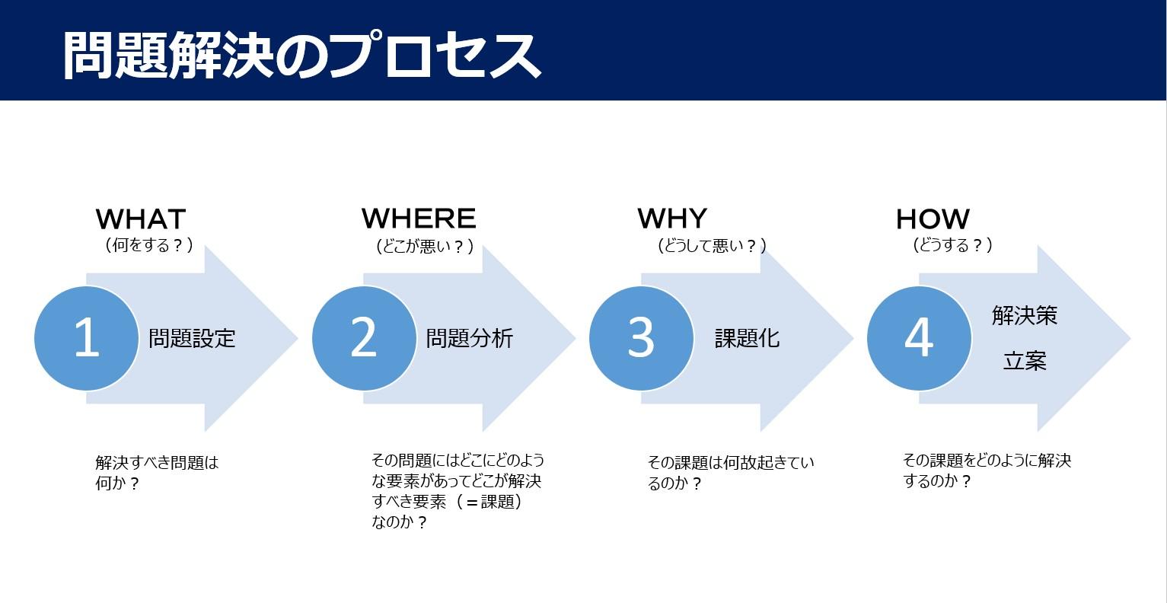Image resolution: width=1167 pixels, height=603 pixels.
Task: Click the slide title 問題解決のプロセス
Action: coord(302,55)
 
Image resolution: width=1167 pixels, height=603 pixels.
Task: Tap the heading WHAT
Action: coord(141,219)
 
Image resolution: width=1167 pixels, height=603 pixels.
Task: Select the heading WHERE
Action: coord(419,219)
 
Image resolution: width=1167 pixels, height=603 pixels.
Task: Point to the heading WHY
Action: coord(672,219)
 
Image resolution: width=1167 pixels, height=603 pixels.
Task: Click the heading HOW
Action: coord(933,219)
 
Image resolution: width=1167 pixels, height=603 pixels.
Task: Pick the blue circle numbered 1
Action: coord(87,338)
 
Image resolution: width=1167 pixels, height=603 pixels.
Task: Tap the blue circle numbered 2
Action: coord(364,338)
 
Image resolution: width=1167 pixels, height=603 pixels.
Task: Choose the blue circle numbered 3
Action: coord(641,338)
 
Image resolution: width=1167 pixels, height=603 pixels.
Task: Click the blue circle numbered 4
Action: coord(919,338)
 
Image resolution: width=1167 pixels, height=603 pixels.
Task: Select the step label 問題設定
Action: coord(193,338)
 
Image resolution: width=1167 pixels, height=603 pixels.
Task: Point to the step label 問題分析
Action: coord(470,338)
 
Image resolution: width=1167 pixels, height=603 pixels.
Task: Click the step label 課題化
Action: coord(747,338)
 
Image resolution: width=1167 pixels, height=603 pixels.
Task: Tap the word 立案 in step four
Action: coord(1025,361)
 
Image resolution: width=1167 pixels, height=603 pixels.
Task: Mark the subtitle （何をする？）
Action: coord(149,245)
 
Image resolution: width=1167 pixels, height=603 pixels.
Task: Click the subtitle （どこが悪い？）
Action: coord(425,245)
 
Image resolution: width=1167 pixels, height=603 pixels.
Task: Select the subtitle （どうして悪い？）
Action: coord(712,245)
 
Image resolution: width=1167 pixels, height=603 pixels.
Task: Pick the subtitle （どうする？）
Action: coord(952,245)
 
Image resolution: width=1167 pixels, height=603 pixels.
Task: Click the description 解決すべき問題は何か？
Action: coord(157,473)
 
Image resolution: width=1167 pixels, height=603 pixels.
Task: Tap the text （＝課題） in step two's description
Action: coord(488,502)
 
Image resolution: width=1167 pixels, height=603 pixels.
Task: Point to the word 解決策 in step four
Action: coord(1024,315)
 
